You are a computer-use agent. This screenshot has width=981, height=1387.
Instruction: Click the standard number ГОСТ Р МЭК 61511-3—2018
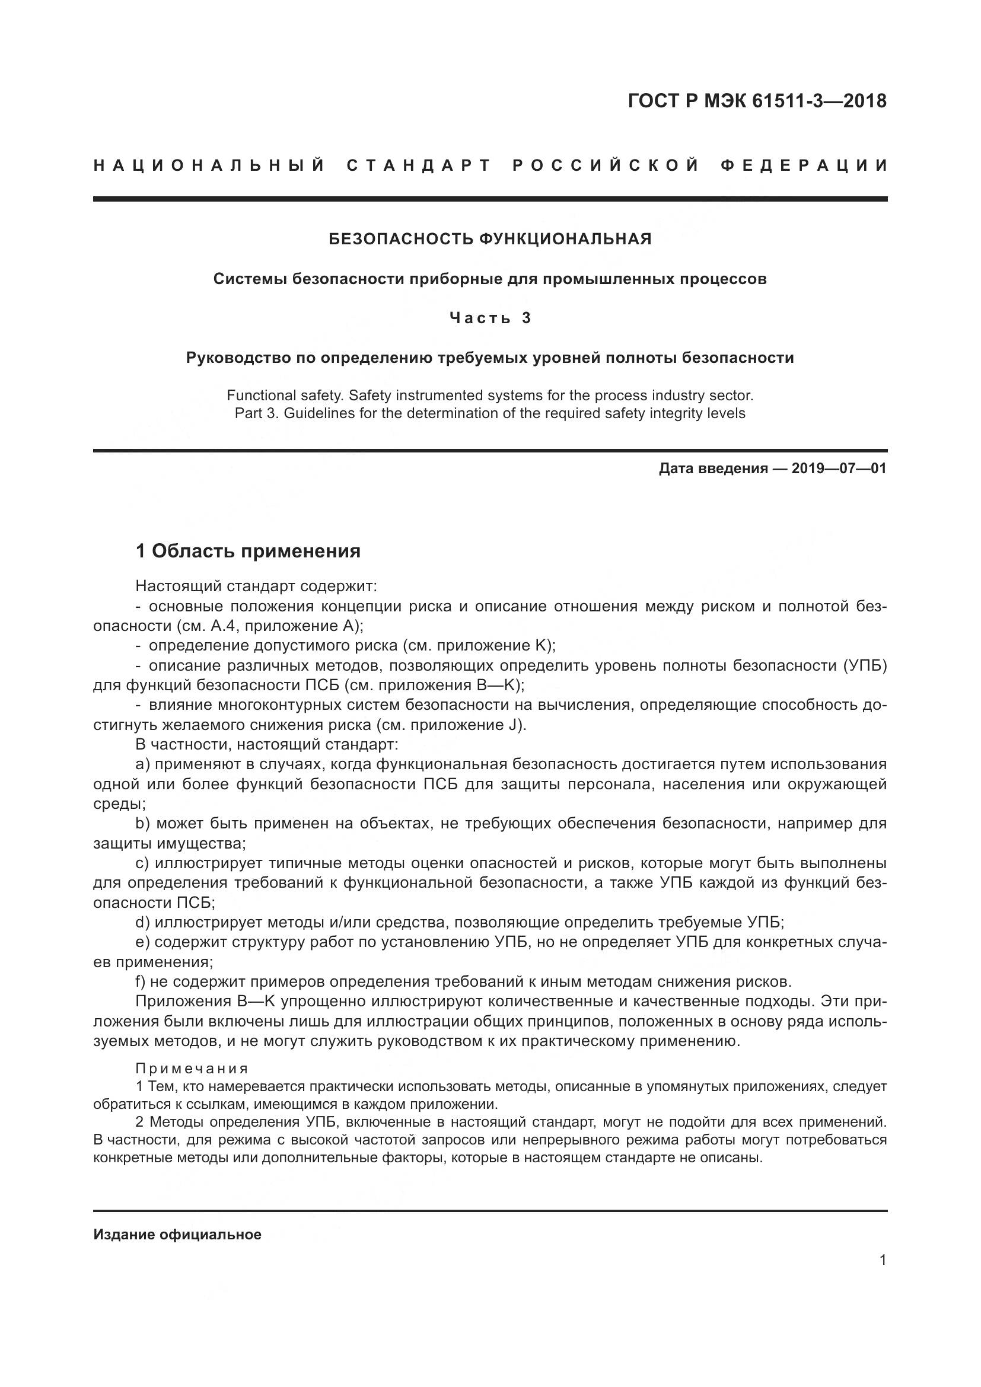pyautogui.click(x=757, y=101)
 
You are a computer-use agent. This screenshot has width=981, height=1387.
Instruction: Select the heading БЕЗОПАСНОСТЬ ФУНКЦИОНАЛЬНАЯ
pyautogui.click(x=490, y=239)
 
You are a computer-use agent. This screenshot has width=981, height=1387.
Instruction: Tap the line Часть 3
pyautogui.click(x=490, y=318)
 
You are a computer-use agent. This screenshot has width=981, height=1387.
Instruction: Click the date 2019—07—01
pyautogui.click(x=839, y=468)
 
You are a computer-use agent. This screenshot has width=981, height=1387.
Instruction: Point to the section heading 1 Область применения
pyautogui.click(x=248, y=551)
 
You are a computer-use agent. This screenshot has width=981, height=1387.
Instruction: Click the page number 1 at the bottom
pyautogui.click(x=883, y=1260)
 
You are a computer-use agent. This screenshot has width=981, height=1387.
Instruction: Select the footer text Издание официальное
pyautogui.click(x=177, y=1235)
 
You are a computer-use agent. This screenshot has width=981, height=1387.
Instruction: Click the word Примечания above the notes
pyautogui.click(x=192, y=1069)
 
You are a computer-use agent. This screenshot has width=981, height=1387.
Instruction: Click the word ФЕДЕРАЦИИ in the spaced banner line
pyautogui.click(x=804, y=165)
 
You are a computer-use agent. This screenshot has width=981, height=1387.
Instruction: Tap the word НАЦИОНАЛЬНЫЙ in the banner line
pyautogui.click(x=209, y=165)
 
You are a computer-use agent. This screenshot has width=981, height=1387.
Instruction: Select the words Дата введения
pyautogui.click(x=713, y=468)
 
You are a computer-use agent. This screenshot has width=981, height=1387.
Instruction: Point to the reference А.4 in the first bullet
pyautogui.click(x=217, y=625)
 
